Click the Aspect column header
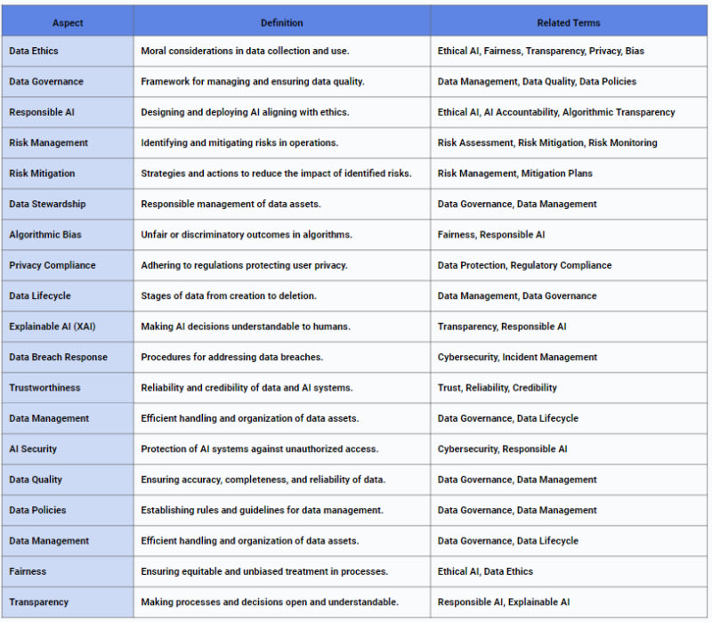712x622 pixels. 68,22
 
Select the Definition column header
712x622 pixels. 281,22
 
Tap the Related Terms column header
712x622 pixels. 569,22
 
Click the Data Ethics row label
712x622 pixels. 34,51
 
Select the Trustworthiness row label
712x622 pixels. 44,388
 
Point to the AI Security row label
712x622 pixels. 33,449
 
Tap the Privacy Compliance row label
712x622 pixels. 53,265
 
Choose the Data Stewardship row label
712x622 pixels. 47,204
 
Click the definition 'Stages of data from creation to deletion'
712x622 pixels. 229,295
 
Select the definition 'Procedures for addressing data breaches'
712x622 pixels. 231,357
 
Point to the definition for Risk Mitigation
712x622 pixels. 276,174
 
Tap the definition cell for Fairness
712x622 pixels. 264,571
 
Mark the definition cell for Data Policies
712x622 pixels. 262,510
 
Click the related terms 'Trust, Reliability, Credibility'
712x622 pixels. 497,388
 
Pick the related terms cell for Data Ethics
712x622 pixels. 541,51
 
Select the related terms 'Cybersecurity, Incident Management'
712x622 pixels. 517,357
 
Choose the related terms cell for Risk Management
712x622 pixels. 547,142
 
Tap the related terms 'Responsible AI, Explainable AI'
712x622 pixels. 504,602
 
